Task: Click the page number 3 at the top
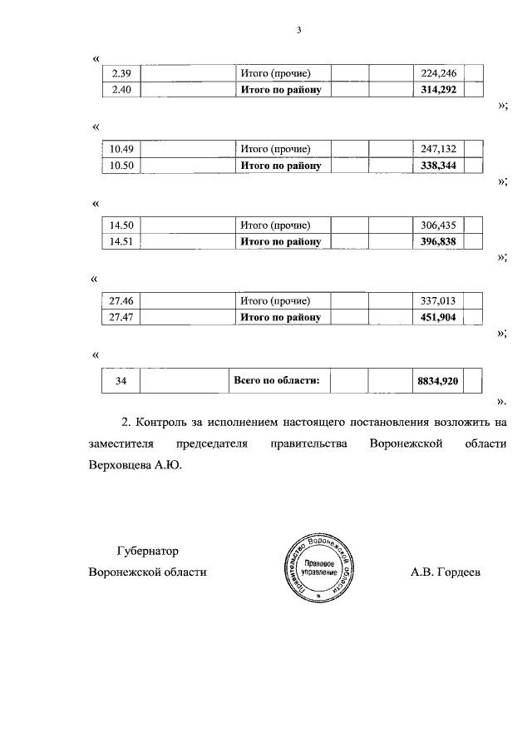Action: [298, 31]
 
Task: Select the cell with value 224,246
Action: [438, 73]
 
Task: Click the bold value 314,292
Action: [438, 89]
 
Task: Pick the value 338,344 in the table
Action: [438, 166]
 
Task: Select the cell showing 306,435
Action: [438, 225]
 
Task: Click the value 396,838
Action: [438, 241]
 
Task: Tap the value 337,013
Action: [438, 301]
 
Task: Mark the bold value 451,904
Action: [438, 317]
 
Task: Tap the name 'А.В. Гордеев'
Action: [446, 573]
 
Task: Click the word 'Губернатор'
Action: [147, 551]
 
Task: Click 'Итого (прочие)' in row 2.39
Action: [275, 73]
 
